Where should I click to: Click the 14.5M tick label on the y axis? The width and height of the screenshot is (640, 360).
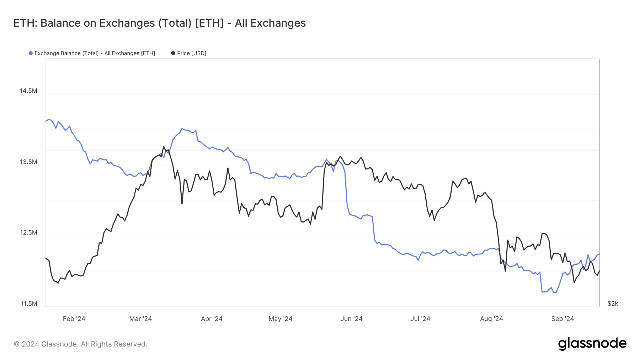point(28,91)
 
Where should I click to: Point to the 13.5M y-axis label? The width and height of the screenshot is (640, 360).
point(28,162)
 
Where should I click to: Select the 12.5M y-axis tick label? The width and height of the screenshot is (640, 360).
point(28,232)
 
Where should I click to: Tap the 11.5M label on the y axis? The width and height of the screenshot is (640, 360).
point(29,303)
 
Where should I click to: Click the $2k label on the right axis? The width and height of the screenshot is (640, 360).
point(613,303)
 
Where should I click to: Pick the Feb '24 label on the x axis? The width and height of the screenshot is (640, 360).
point(74,319)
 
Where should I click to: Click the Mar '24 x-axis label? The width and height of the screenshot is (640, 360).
point(140,319)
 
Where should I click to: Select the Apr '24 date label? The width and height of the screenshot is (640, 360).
point(212,319)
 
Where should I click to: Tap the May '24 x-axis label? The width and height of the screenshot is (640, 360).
point(280,319)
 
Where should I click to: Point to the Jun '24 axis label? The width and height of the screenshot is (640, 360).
point(351,319)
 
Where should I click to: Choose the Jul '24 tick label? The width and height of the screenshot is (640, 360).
point(420,319)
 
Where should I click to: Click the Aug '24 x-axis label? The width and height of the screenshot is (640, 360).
point(491,319)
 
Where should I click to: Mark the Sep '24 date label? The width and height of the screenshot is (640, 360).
point(562,319)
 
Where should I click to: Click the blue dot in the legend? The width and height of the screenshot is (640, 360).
point(31,53)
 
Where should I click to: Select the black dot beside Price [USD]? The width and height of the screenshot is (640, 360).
point(173,53)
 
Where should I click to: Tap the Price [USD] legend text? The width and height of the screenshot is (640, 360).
point(192,53)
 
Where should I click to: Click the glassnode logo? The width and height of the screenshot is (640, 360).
point(592,344)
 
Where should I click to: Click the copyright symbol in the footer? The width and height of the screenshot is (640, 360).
point(16,344)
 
